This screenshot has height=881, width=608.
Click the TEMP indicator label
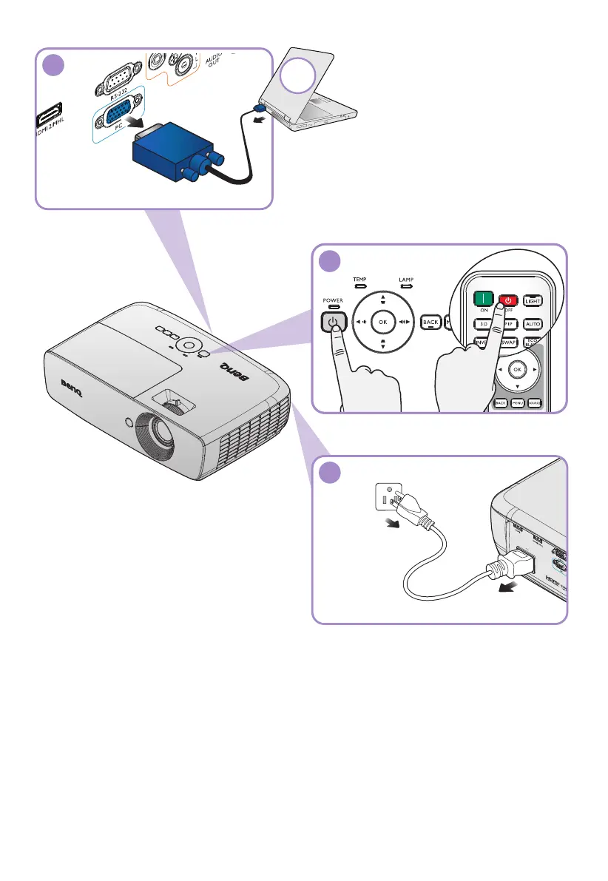coord(359,280)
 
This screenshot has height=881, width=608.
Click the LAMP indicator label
coord(406,280)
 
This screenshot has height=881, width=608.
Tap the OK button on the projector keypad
coord(382,322)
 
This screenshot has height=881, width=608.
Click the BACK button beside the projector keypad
coord(430,322)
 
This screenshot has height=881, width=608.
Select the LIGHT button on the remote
coord(533,300)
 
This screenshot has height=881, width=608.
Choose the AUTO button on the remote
coord(533,323)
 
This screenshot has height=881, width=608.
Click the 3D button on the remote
coord(482,323)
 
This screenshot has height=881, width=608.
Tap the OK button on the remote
coord(517,368)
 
